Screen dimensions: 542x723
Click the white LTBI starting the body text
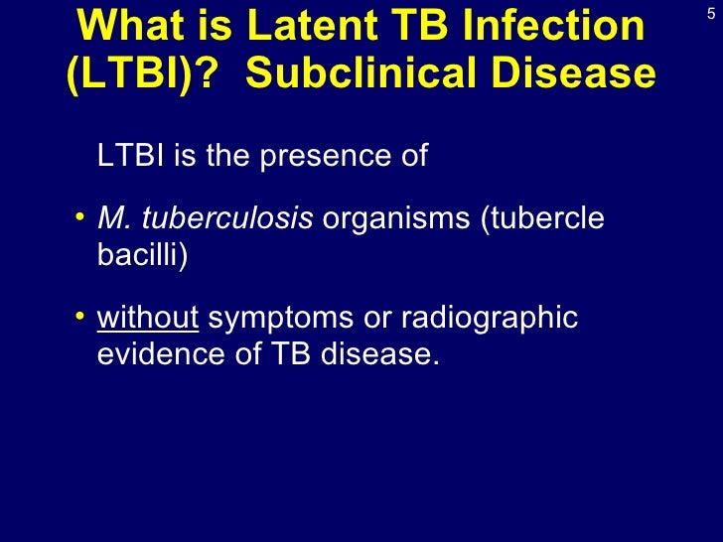pyautogui.click(x=131, y=156)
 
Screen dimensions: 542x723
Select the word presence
pyautogui.click(x=324, y=157)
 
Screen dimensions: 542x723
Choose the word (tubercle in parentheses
pyautogui.click(x=542, y=219)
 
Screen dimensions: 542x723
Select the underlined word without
pyautogui.click(x=149, y=319)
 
